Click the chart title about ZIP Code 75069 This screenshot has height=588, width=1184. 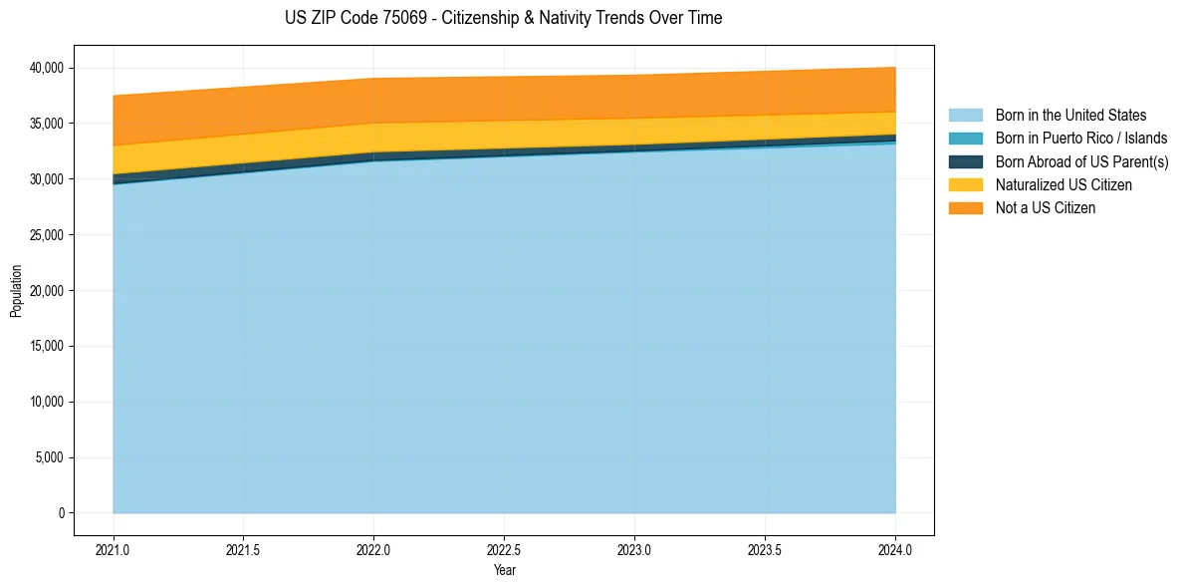503,18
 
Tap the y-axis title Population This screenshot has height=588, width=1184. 16,291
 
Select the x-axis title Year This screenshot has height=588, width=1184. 504,571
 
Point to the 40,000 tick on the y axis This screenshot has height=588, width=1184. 46,68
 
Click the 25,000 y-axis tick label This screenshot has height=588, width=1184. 46,235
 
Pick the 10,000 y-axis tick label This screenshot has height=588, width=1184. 46,403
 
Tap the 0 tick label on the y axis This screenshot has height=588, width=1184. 61,513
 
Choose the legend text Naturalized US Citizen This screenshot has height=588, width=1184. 1064,185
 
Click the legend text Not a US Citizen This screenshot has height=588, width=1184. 1045,208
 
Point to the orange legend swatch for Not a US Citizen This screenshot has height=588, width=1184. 965,208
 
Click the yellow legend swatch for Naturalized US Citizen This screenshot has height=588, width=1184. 965,185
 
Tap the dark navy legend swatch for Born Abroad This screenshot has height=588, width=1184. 965,161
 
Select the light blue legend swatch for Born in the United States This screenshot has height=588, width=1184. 965,116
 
